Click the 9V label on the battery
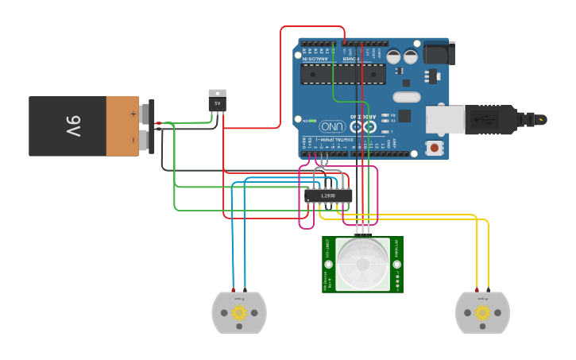(x=72, y=126)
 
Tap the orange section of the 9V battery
(x=122, y=126)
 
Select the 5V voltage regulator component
(x=217, y=100)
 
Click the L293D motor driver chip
(x=328, y=195)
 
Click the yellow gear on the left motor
(x=239, y=313)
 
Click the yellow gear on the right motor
(x=482, y=313)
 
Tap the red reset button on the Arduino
(x=435, y=148)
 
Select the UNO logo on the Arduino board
(x=332, y=126)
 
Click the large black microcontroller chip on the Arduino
(x=344, y=73)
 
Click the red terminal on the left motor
(x=233, y=290)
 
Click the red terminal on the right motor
(x=476, y=290)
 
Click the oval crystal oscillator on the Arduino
(x=406, y=98)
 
